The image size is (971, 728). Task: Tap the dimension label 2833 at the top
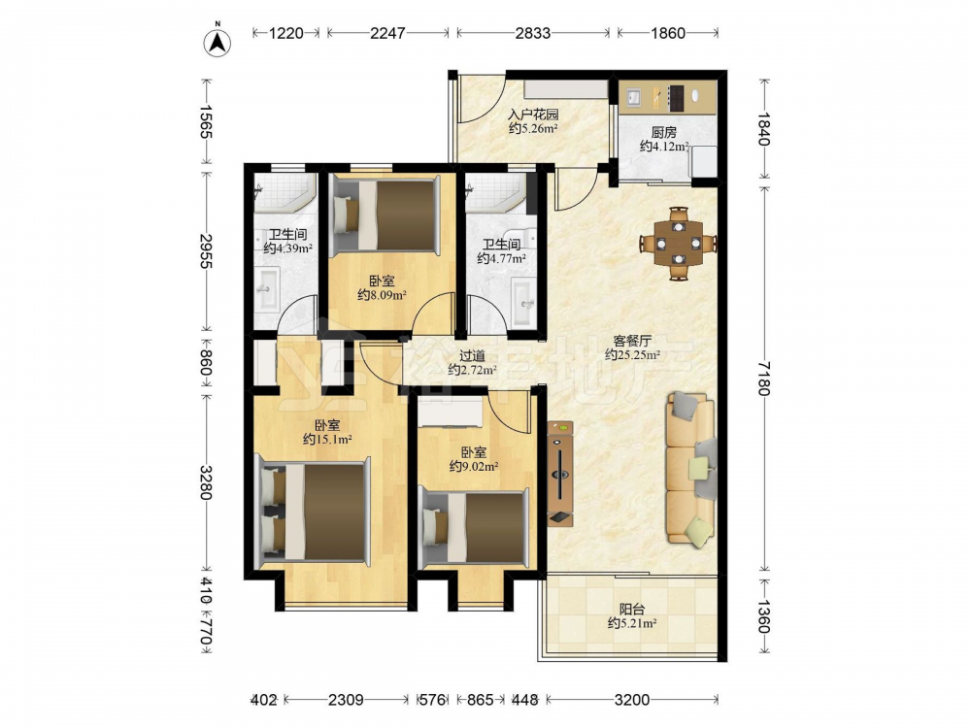click(532, 33)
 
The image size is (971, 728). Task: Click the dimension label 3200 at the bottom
click(632, 700)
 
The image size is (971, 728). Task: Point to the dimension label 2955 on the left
click(206, 251)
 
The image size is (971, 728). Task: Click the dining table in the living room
click(679, 243)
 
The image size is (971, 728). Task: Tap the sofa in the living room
click(691, 470)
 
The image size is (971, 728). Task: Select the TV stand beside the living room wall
click(560, 474)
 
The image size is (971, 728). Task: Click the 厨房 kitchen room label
click(663, 132)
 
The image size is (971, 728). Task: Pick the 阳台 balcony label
click(631, 610)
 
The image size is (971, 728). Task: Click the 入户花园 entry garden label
click(533, 115)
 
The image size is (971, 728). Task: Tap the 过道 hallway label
click(472, 356)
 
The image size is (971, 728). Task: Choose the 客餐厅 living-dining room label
click(632, 341)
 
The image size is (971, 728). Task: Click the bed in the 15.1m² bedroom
click(313, 512)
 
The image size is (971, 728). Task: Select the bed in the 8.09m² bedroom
click(385, 215)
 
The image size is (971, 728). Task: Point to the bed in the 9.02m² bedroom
click(475, 527)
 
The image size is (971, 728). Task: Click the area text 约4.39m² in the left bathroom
click(287, 248)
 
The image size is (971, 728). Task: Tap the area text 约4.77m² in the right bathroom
click(502, 258)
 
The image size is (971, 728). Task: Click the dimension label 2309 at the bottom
click(346, 700)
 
